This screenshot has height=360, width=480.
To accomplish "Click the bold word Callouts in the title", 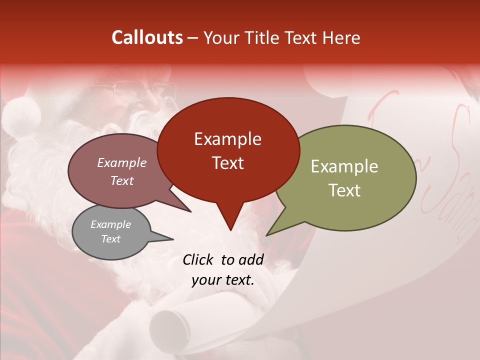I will [147, 37].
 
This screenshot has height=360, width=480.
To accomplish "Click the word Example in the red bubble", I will [227, 139].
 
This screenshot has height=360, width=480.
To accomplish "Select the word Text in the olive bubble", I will [344, 190].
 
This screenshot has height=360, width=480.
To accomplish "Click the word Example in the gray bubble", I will [110, 224].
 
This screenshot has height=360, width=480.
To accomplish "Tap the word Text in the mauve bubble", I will [121, 180].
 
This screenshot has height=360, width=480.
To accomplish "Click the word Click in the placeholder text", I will [199, 259].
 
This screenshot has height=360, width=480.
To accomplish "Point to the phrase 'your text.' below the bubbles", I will [223, 280].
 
